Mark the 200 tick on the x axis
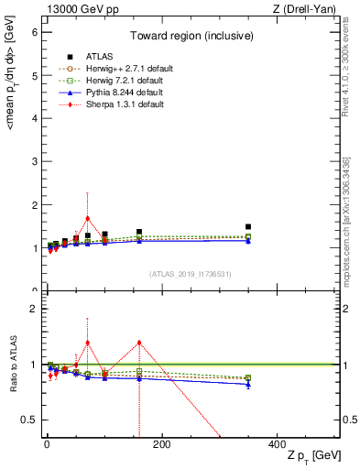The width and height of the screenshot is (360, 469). pyautogui.click(x=161, y=444)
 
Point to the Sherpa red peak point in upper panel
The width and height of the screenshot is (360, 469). pyautogui.click(x=87, y=219)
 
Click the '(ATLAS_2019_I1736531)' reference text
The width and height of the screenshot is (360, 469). pyautogui.click(x=190, y=274)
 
